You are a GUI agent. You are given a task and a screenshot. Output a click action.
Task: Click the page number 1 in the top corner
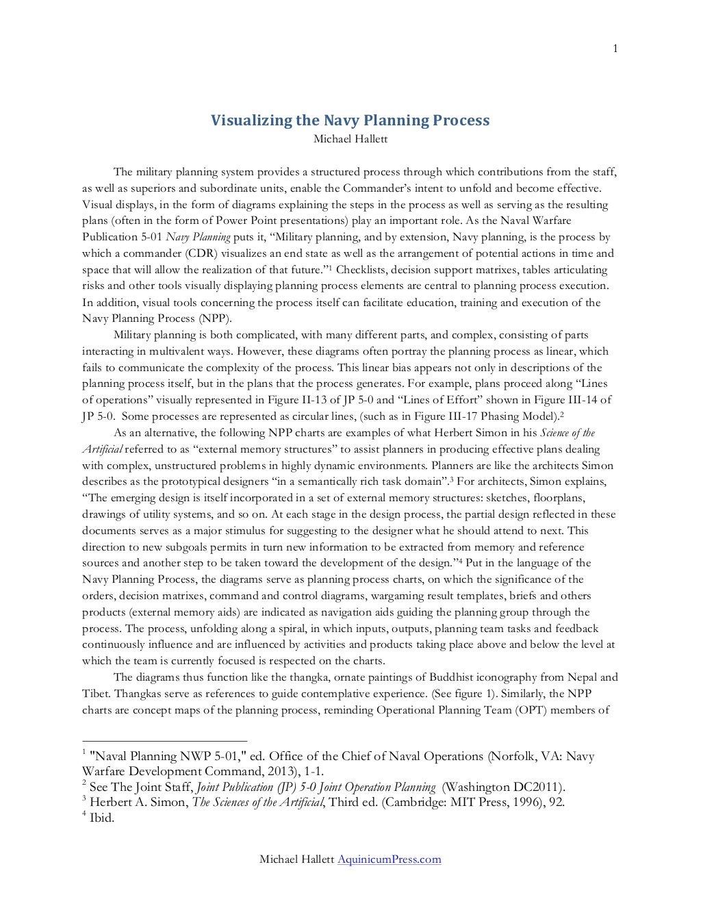tap(615, 10)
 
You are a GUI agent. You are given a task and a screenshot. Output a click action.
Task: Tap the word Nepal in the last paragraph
tap(575, 677)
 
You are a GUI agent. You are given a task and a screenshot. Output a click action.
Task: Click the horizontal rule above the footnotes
tap(164, 741)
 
